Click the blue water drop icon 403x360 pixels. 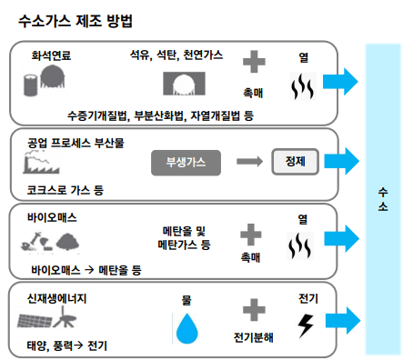[x=186, y=326]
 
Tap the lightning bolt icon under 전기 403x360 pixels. [x=307, y=325]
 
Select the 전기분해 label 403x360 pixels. [x=253, y=336]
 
